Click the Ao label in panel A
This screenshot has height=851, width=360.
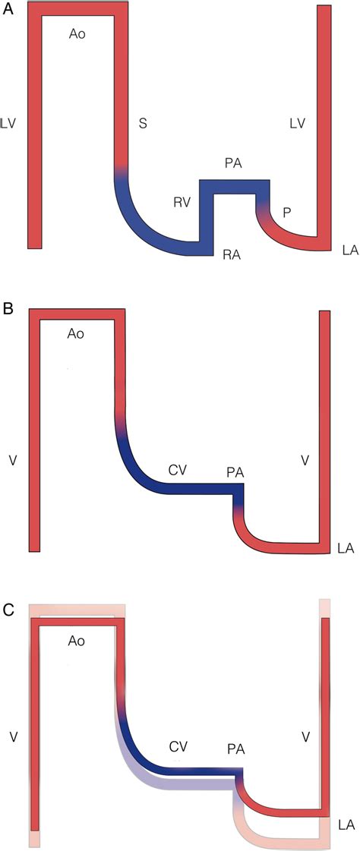tap(75, 36)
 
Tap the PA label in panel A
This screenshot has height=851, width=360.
tap(233, 164)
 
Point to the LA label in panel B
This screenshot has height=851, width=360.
tap(346, 547)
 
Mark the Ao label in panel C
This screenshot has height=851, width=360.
tap(75, 641)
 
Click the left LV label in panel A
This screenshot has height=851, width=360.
tap(11, 121)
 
